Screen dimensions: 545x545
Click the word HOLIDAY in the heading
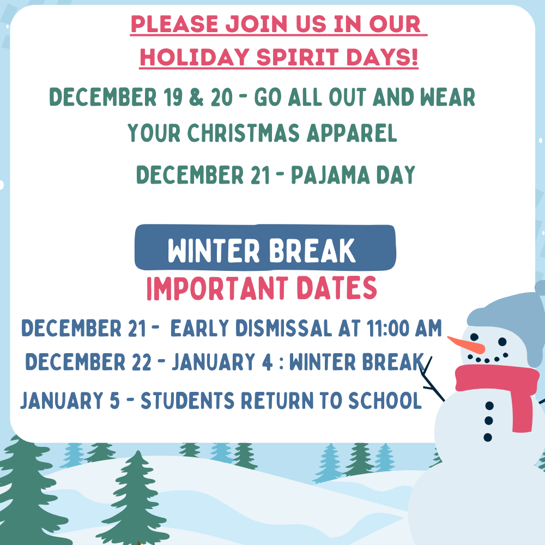[x=195, y=57]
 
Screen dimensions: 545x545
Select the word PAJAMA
[x=330, y=175]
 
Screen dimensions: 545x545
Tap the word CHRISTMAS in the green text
[x=243, y=133]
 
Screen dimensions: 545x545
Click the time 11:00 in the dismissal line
[x=387, y=329]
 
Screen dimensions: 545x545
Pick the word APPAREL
[x=352, y=133]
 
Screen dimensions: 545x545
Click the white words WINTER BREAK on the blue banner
[x=262, y=251]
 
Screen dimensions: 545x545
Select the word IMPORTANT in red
[x=217, y=288]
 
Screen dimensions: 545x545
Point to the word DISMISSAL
[x=283, y=329]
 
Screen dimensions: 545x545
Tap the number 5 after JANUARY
[x=114, y=401]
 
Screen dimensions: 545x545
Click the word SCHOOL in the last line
[x=385, y=401]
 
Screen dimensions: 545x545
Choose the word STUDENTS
[x=187, y=401]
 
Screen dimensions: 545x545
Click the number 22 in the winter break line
[x=142, y=362]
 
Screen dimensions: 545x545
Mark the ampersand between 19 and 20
[x=196, y=97]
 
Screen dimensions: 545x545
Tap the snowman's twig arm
[x=431, y=379]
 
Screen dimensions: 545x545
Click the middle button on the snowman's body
[x=489, y=421]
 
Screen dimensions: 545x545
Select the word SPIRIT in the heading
[x=298, y=57]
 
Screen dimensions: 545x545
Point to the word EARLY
[x=200, y=329]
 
